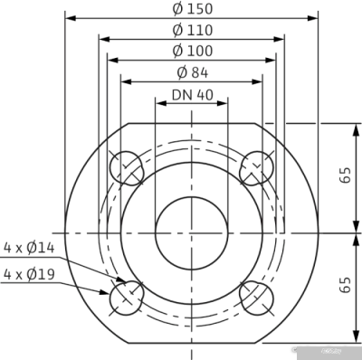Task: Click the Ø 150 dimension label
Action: pos(191,8)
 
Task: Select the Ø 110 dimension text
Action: pos(191,30)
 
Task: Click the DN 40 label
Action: pos(191,94)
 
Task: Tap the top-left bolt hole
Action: pos(126,167)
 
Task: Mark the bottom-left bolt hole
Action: pos(126,296)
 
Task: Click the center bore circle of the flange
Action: pos(191,232)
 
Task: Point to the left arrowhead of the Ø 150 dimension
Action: pos(70,17)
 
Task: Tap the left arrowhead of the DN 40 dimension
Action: pos(159,102)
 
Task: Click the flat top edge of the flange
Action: pos(191,123)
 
